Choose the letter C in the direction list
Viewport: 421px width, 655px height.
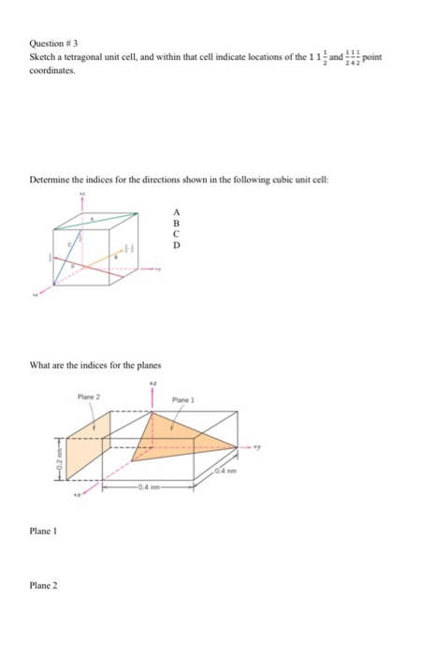tap(175, 236)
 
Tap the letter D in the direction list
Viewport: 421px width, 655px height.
tap(175, 247)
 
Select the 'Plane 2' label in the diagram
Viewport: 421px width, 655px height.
tap(90, 396)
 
